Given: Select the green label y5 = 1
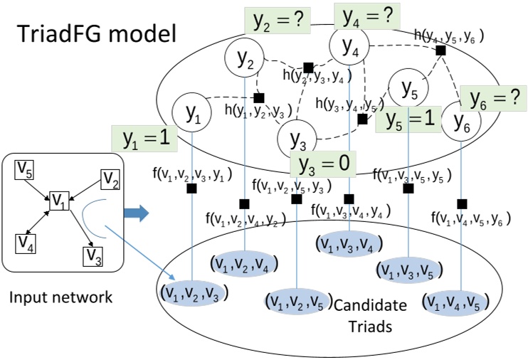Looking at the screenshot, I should point(409,120).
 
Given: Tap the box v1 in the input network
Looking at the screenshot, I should point(58,203).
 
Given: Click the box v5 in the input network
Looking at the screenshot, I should point(26,171).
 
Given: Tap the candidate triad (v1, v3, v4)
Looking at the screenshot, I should point(349,244).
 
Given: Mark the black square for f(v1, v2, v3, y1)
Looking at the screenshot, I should point(191,189).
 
